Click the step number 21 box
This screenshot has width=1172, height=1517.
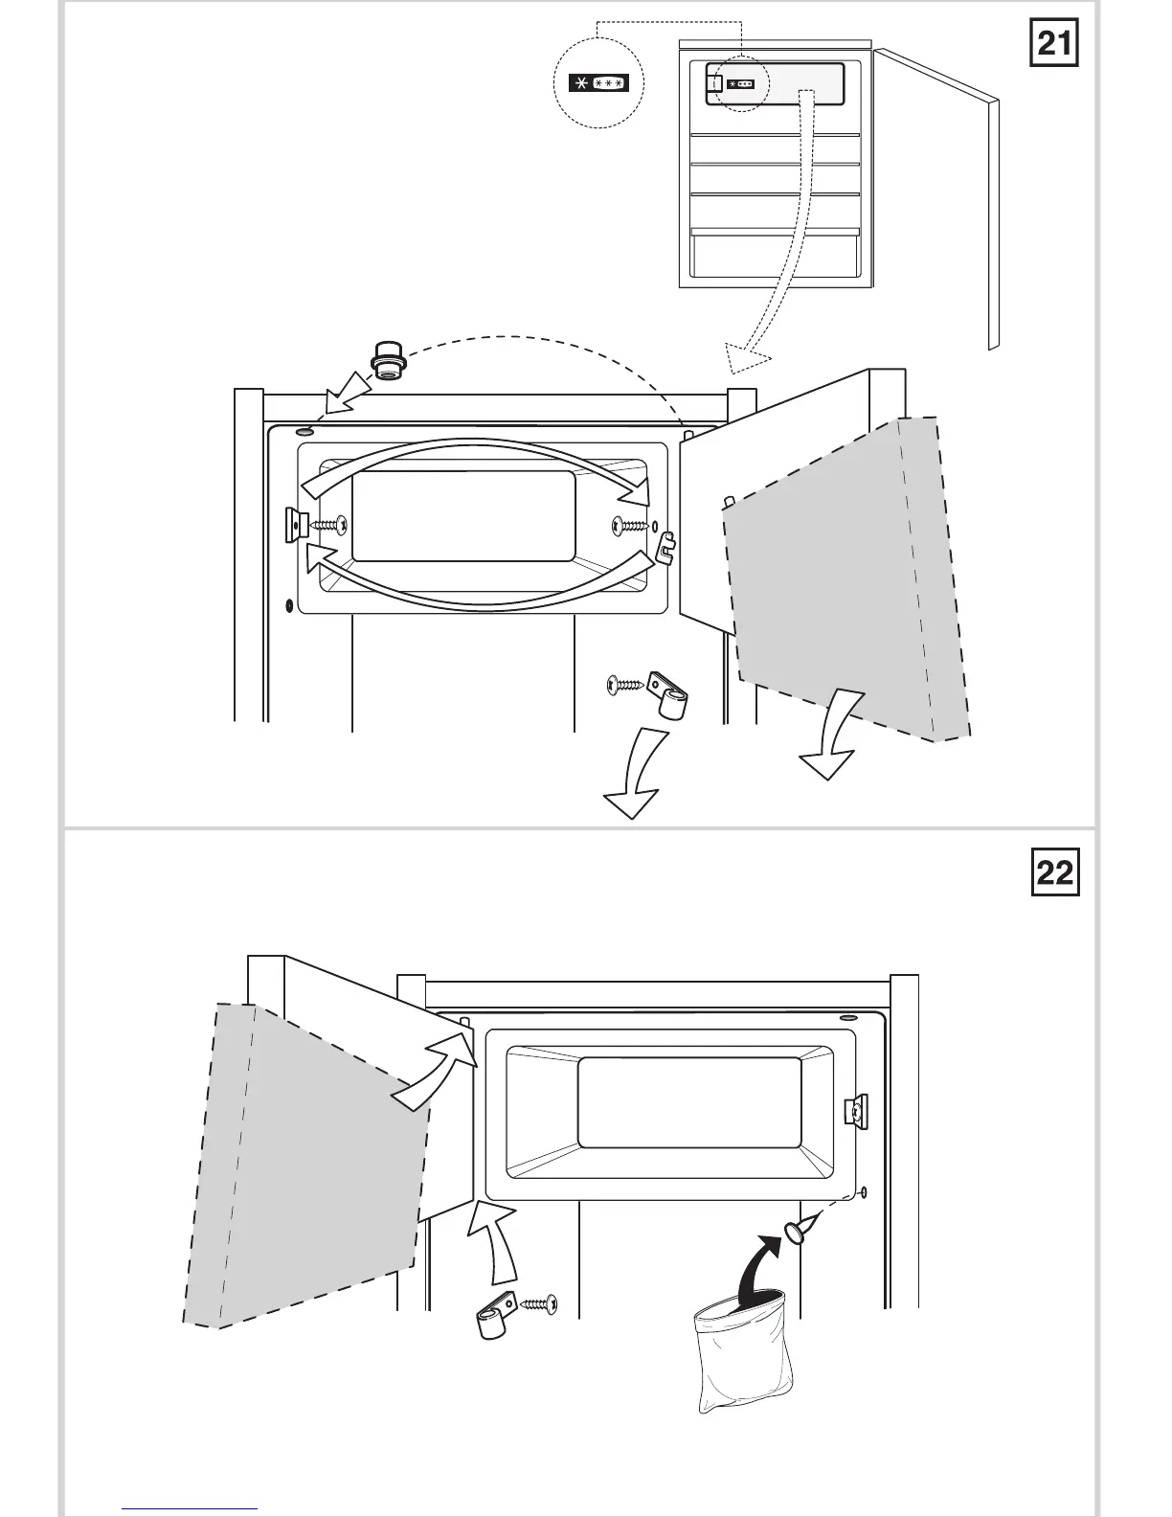[1054, 43]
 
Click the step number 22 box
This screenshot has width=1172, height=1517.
[1055, 872]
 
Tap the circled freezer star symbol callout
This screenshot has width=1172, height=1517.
[598, 84]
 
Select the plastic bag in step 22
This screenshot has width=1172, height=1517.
[740, 1350]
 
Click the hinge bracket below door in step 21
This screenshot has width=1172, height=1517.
[669, 695]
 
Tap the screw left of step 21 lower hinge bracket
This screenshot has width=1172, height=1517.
[625, 684]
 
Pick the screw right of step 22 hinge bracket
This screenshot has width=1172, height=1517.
[539, 1303]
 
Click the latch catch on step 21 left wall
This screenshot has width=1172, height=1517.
[294, 523]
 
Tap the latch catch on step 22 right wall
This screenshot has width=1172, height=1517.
[854, 1110]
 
